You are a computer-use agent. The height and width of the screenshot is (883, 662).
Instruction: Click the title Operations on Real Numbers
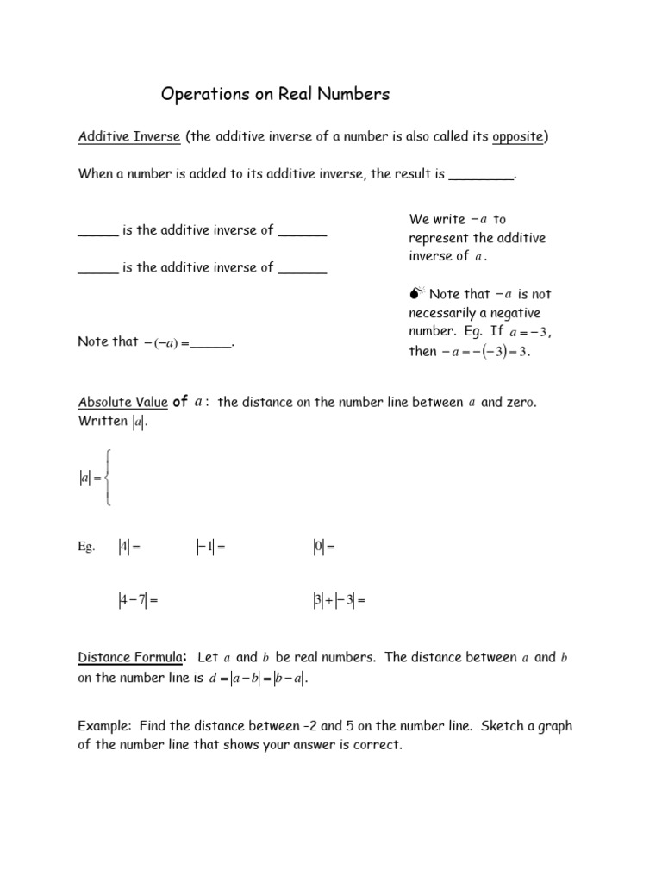tap(276, 95)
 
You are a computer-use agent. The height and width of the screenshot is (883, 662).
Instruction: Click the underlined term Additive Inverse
tap(129, 137)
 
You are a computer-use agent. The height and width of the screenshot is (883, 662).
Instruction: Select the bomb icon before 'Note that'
tap(416, 295)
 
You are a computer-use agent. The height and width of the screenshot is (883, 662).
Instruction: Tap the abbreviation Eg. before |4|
tap(86, 547)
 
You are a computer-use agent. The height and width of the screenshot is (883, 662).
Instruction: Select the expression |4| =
tap(128, 547)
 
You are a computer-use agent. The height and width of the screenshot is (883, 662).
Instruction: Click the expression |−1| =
tap(210, 547)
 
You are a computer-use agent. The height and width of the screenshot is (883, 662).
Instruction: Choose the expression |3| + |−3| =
tap(339, 601)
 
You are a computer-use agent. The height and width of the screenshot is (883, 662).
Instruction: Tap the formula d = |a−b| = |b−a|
tap(258, 679)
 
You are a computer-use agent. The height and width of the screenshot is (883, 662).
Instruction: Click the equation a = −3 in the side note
tap(529, 333)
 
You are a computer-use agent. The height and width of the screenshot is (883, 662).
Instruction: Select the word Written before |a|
tap(103, 422)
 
